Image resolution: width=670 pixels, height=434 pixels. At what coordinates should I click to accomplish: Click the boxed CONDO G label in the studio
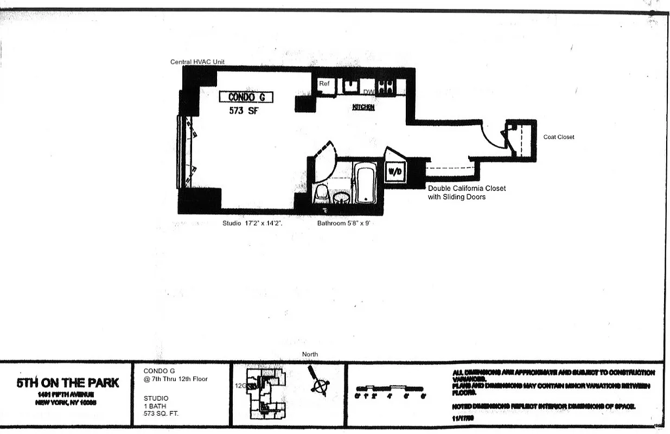[x=246, y=97]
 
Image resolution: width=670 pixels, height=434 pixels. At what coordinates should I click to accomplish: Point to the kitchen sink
[x=350, y=86]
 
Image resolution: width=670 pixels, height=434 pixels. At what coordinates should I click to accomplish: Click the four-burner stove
[x=386, y=86]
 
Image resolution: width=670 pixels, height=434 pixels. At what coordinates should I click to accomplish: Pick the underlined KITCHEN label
[x=363, y=107]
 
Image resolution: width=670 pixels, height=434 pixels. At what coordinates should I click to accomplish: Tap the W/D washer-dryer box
[x=394, y=172]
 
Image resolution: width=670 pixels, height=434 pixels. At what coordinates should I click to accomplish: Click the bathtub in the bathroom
[x=365, y=183]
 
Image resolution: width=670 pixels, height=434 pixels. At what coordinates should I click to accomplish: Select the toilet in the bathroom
[x=322, y=193]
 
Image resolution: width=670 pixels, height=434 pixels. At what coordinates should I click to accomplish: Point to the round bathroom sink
[x=341, y=196]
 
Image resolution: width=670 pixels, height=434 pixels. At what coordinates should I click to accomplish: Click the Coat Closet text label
[x=559, y=137]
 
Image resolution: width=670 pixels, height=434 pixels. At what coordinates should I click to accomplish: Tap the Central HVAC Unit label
[x=197, y=62]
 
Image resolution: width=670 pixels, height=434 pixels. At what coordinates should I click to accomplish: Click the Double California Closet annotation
[x=467, y=193]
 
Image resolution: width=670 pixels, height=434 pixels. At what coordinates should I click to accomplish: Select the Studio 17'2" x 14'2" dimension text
[x=253, y=223]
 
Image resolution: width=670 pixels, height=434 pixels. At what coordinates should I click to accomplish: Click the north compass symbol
[x=319, y=383]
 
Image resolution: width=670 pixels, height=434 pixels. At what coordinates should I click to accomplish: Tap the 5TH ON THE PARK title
[x=67, y=383]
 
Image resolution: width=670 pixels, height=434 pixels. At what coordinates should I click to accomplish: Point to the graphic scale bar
[x=390, y=389]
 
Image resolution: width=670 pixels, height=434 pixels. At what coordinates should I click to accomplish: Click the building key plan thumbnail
[x=265, y=393]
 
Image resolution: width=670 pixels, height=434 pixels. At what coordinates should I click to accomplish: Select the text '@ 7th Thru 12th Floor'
[x=176, y=379]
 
